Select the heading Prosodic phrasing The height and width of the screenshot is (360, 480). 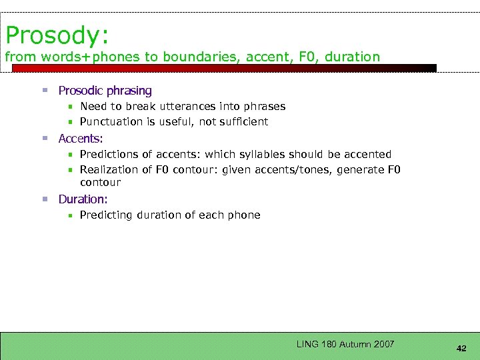[105, 91]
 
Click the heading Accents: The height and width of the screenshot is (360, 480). [81, 139]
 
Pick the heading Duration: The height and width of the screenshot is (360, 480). [83, 199]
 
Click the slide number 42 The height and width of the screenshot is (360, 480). [461, 348]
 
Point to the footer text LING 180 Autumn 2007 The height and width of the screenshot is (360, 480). [345, 344]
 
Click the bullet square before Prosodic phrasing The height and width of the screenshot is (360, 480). [45, 91]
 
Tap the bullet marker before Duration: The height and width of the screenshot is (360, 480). [45, 199]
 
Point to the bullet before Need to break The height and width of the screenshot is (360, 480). [69, 107]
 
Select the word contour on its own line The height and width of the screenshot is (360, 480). [100, 182]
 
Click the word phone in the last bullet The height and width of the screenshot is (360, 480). [244, 215]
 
